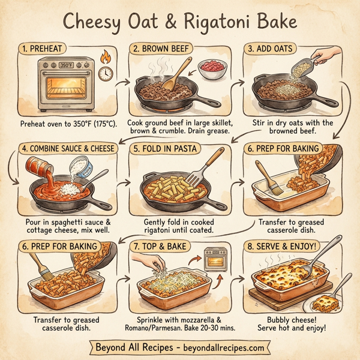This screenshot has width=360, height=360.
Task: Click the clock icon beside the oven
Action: tap(106, 74)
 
